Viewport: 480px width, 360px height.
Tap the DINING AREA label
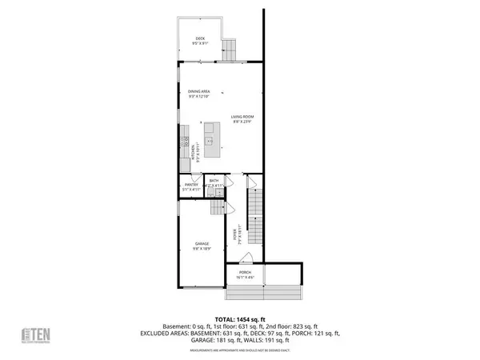pyautogui.click(x=198, y=91)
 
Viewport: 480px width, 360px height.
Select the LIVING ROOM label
pyautogui.click(x=242, y=117)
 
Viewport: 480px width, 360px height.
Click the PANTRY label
pyautogui.click(x=191, y=185)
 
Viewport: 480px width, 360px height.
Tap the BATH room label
pyautogui.click(x=214, y=181)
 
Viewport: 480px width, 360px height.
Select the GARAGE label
pyautogui.click(x=202, y=243)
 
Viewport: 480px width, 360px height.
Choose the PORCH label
pyautogui.click(x=245, y=272)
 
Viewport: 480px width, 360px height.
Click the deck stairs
pyautogui.click(x=230, y=50)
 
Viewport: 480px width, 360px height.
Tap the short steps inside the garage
pyautogui.click(x=218, y=208)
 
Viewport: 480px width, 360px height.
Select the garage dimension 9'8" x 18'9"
pyautogui.click(x=202, y=249)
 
